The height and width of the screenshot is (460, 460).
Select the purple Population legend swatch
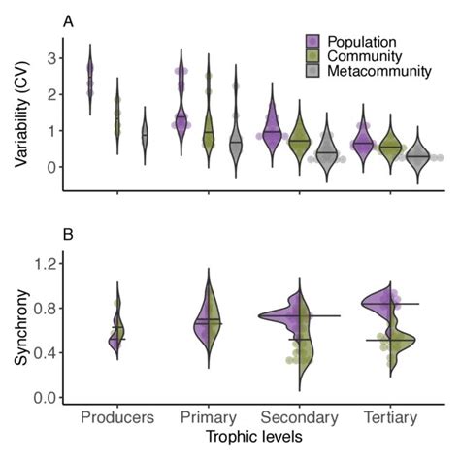pyautogui.click(x=312, y=41)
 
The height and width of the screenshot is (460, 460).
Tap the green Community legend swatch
pyautogui.click(x=312, y=57)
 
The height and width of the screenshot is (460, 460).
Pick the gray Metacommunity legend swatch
pyautogui.click(x=312, y=74)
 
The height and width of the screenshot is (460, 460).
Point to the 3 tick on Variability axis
pyautogui.click(x=47, y=58)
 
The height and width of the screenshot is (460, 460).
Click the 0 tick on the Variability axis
pyautogui.click(x=47, y=167)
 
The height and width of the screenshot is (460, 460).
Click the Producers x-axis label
pyautogui.click(x=116, y=418)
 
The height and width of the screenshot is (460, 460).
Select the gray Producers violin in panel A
pyautogui.click(x=145, y=138)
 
